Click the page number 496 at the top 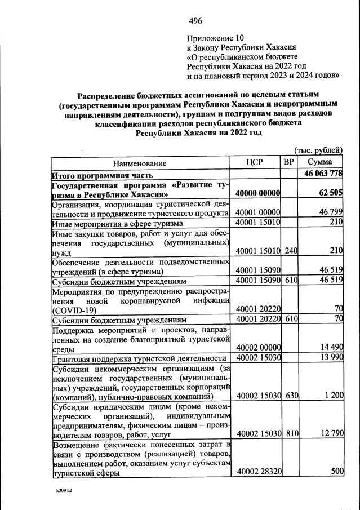click(x=195, y=21)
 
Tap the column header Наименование click(x=140, y=163)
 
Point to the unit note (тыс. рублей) click(x=319, y=150)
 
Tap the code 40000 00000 click(x=258, y=193)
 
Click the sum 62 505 click(x=330, y=193)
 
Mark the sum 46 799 click(x=330, y=212)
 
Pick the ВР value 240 click(x=289, y=250)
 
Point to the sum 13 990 click(x=330, y=357)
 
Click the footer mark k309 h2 click(x=60, y=490)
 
